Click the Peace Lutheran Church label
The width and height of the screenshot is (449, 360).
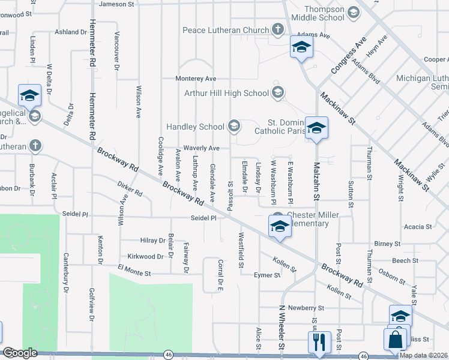pyautogui.click(x=225, y=30)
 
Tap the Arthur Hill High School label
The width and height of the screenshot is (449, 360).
pyautogui.click(x=226, y=93)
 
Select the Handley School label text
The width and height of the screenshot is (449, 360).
pyautogui.click(x=195, y=127)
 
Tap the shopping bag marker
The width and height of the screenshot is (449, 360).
pyautogui.click(x=396, y=340)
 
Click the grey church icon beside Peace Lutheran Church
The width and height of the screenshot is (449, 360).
pyautogui.click(x=277, y=29)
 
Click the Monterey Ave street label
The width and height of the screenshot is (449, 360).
pyautogui.click(x=196, y=79)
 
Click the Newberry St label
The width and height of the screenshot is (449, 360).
pyautogui.click(x=306, y=308)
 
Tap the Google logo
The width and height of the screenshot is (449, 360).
pyautogui.click(x=20, y=353)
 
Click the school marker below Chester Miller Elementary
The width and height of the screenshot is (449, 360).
pyautogui.click(x=279, y=227)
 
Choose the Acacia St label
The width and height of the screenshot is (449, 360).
pyautogui.click(x=418, y=227)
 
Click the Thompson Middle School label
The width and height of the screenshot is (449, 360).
pyautogui.click(x=323, y=13)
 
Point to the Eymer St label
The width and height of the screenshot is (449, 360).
pyautogui.click(x=267, y=275)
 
